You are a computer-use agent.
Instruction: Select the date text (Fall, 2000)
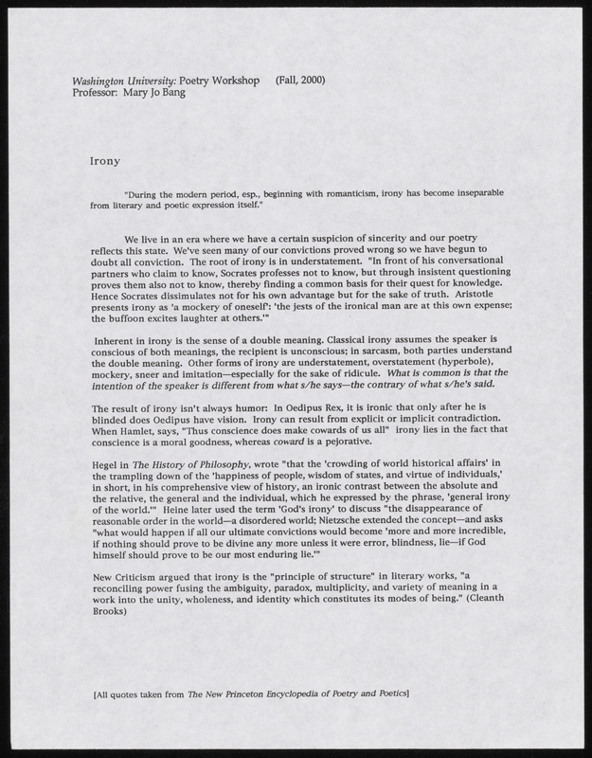coord(300,80)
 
